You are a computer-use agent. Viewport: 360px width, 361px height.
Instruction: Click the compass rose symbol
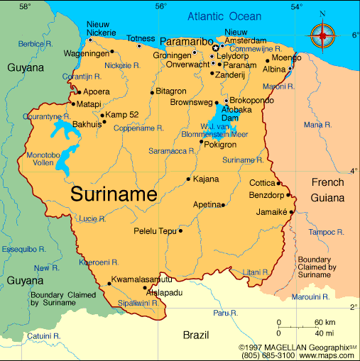click(322, 33)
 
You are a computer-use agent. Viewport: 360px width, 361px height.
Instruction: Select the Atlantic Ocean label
click(224, 16)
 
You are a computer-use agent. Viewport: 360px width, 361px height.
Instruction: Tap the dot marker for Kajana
click(188, 179)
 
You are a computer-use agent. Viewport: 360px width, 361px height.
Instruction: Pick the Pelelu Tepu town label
click(155, 231)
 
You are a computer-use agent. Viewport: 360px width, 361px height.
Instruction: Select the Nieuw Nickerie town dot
click(90, 40)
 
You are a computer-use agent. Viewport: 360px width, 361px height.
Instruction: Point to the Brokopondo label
click(251, 101)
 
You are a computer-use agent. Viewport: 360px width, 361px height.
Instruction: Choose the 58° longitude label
click(25, 6)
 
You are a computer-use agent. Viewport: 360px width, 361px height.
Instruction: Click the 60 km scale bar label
click(325, 323)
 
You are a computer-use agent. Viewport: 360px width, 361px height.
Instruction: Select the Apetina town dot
click(223, 205)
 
